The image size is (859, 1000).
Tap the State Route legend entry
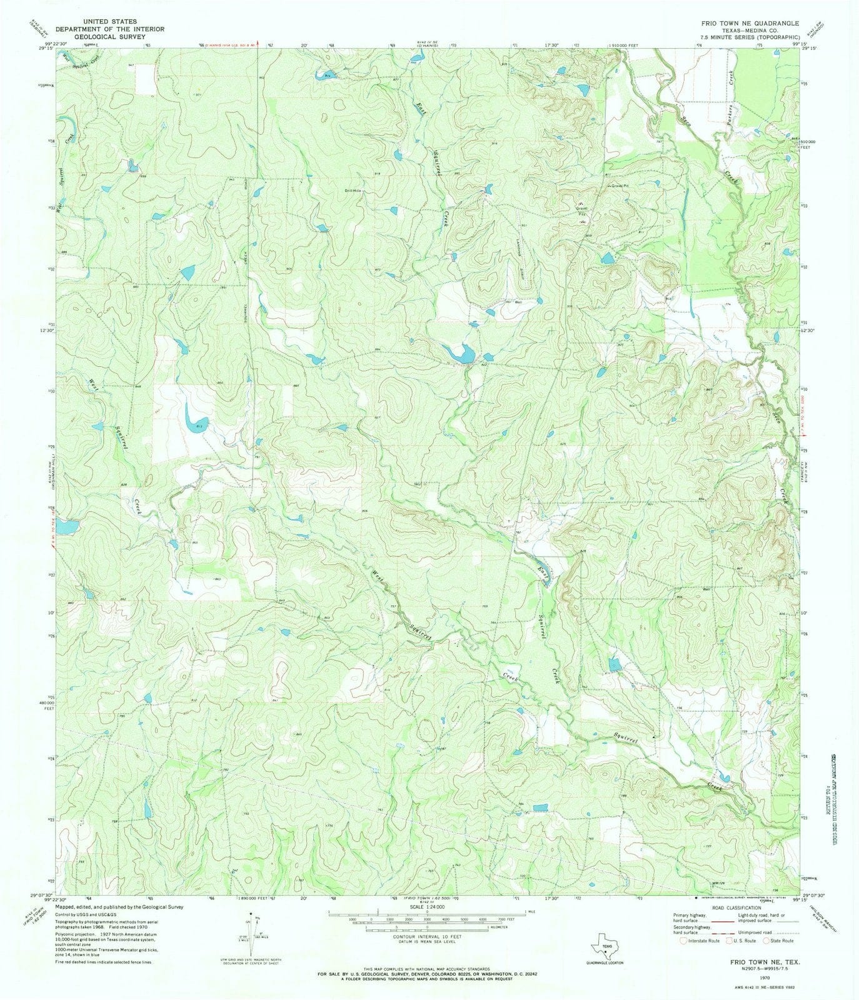tap(778, 940)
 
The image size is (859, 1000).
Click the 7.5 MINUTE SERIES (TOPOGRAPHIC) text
tap(740, 37)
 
